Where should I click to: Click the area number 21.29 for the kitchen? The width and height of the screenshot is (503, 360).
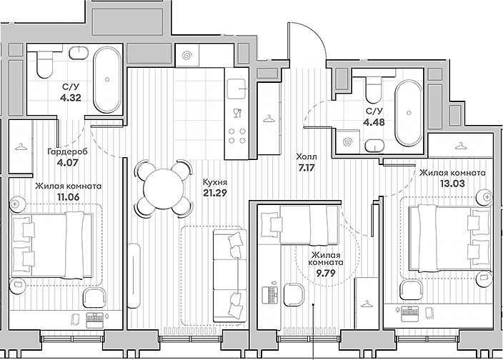(x=215, y=193)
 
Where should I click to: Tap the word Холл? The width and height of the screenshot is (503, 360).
(x=306, y=156)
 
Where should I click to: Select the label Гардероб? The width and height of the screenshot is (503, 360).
(x=67, y=151)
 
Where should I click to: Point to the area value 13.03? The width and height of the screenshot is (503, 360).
(x=452, y=184)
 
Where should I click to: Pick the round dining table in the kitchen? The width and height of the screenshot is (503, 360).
(x=164, y=189)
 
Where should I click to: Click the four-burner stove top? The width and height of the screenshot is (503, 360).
(x=237, y=136)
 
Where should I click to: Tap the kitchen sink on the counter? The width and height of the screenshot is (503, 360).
(x=237, y=89)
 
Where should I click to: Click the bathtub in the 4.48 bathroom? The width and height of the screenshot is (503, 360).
(x=409, y=113)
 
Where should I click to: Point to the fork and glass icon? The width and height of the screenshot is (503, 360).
(x=237, y=113)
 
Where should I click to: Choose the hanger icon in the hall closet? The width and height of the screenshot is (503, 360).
(x=269, y=119)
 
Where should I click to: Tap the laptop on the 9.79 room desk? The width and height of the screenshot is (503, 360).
(x=270, y=292)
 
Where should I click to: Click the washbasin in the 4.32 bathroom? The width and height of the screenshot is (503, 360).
(x=79, y=54)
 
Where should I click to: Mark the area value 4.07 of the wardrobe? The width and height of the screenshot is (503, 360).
(x=67, y=162)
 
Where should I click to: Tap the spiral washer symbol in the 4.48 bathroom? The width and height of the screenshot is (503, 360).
(x=347, y=141)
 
